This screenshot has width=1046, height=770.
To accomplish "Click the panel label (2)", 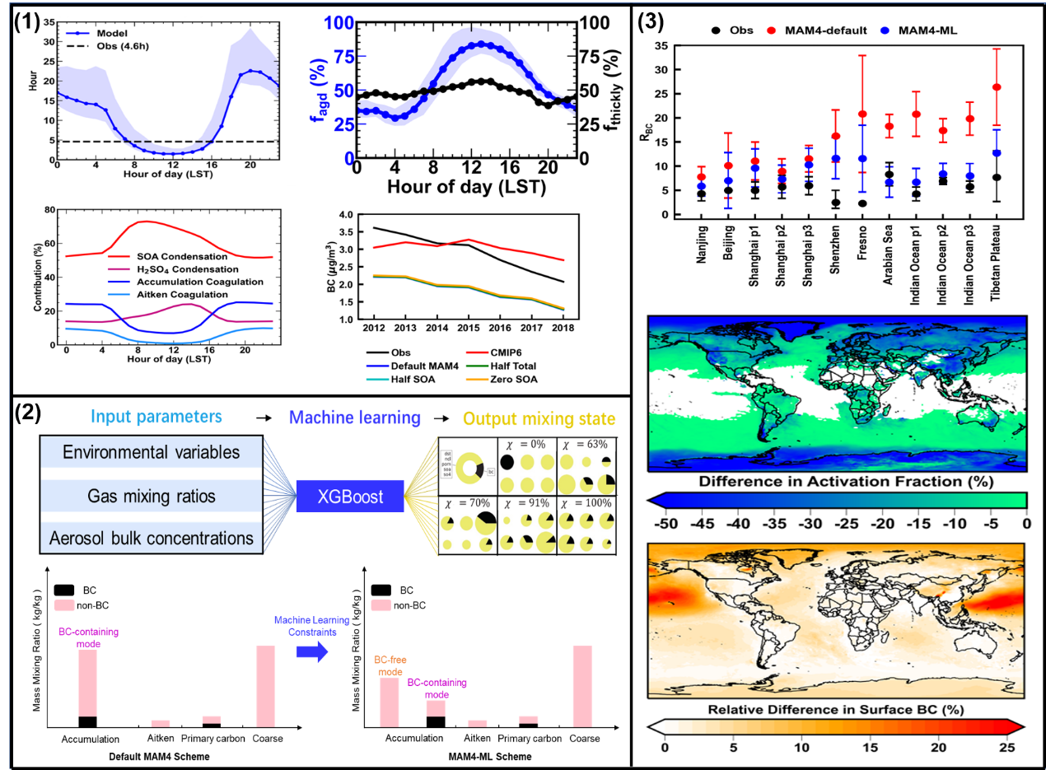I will point(30,412).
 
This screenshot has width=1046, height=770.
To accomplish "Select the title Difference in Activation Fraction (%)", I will point(836,480).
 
